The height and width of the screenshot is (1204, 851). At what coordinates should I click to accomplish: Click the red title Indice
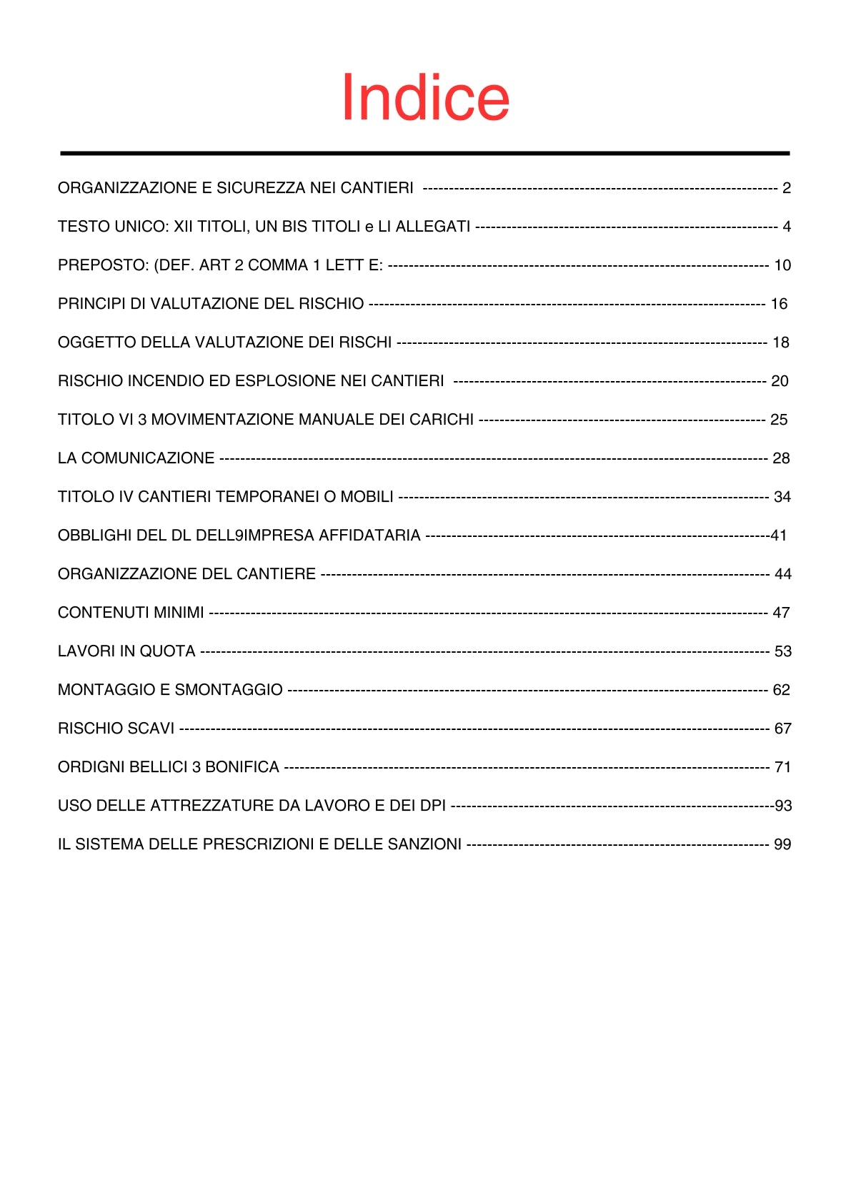[425, 98]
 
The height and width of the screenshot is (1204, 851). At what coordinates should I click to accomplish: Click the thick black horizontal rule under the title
[425, 153]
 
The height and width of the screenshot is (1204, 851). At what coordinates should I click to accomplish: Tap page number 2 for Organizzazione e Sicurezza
[786, 188]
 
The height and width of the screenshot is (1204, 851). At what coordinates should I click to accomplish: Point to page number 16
[779, 304]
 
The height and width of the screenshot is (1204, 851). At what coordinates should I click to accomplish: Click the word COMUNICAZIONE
[148, 458]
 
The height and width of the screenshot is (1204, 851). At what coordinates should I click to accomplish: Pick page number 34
[782, 497]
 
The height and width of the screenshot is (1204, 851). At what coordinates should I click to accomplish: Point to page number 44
[783, 574]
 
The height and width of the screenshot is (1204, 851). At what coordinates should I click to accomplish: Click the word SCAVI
[151, 729]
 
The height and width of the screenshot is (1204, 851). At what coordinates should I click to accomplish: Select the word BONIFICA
[242, 767]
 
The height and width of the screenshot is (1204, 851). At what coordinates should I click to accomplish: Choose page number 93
[783, 806]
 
